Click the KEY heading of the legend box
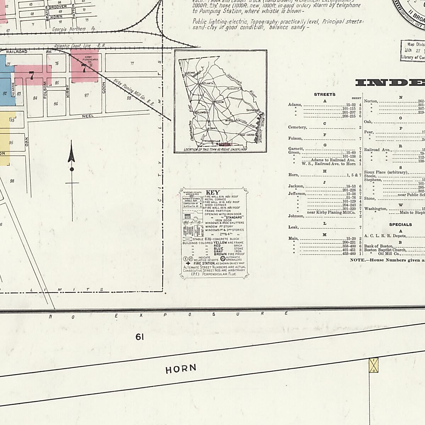click(212, 192)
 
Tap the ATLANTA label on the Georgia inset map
click(208, 83)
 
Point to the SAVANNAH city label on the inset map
click(253, 110)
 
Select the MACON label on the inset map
click(220, 102)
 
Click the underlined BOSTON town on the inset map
click(225, 144)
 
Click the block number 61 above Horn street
click(140, 337)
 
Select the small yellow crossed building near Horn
click(373, 365)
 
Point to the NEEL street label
click(87, 116)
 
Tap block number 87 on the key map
click(87, 95)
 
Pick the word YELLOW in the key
click(220, 243)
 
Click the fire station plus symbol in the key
click(188, 263)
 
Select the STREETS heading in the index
click(324, 95)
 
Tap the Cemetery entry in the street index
click(297, 127)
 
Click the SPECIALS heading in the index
click(400, 225)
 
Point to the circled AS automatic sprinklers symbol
click(223, 258)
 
